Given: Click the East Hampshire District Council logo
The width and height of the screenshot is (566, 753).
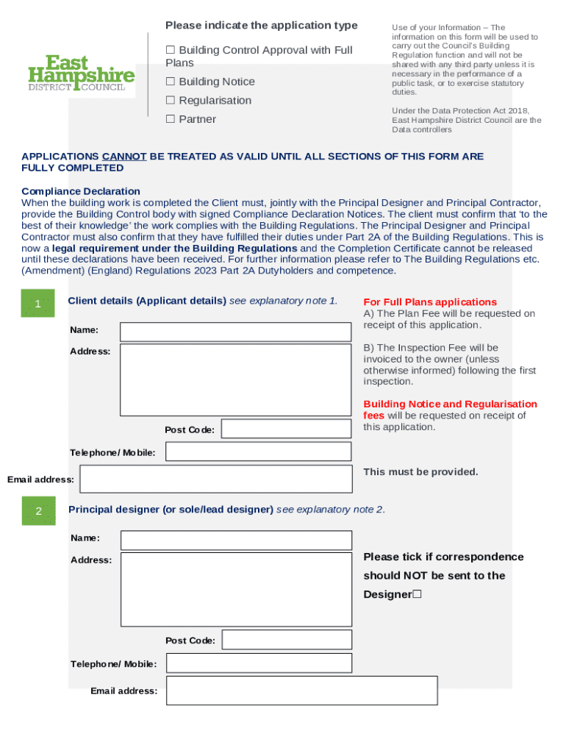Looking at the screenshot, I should [x=81, y=74].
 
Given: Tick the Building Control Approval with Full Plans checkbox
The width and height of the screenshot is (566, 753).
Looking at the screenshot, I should [x=171, y=50].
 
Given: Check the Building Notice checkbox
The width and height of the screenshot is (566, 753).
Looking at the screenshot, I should [x=171, y=82].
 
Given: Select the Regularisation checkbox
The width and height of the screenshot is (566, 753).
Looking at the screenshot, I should [x=171, y=100].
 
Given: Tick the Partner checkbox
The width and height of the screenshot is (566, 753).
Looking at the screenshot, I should [x=171, y=119].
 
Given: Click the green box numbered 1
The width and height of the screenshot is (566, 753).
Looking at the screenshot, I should [x=38, y=304].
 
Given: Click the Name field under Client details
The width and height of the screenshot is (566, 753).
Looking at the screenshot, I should [x=236, y=332].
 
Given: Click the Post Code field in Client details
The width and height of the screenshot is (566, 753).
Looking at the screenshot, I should [x=286, y=429].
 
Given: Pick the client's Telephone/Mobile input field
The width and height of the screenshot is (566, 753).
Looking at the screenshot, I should [x=258, y=452].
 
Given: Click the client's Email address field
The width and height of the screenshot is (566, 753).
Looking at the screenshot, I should [x=216, y=479].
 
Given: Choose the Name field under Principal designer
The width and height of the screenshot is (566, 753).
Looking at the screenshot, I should [x=236, y=540].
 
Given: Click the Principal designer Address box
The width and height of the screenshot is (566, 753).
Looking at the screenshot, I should [x=236, y=589].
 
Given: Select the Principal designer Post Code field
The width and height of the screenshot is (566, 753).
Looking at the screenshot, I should [x=287, y=640].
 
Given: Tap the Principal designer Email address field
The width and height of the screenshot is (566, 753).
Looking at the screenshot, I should [x=301, y=690].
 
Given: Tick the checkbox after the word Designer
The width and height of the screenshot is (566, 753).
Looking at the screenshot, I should [x=417, y=594].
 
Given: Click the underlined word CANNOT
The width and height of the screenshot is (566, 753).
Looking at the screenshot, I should [x=124, y=157].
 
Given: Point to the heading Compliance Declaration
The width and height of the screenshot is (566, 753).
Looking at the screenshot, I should [x=81, y=191].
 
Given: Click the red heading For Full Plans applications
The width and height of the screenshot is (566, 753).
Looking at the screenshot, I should [x=430, y=302].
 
